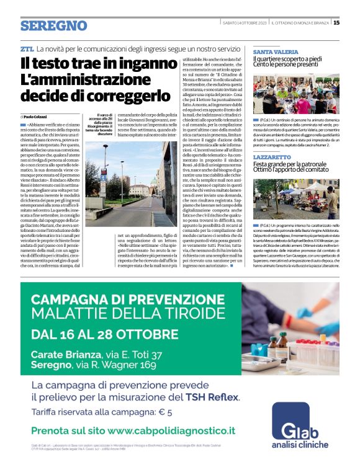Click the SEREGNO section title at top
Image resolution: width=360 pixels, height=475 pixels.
tap(53, 25)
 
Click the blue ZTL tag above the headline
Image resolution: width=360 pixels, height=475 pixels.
tap(27, 48)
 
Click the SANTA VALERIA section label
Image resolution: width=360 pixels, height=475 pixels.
tap(276, 51)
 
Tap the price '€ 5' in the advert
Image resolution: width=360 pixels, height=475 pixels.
tap(164, 411)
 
